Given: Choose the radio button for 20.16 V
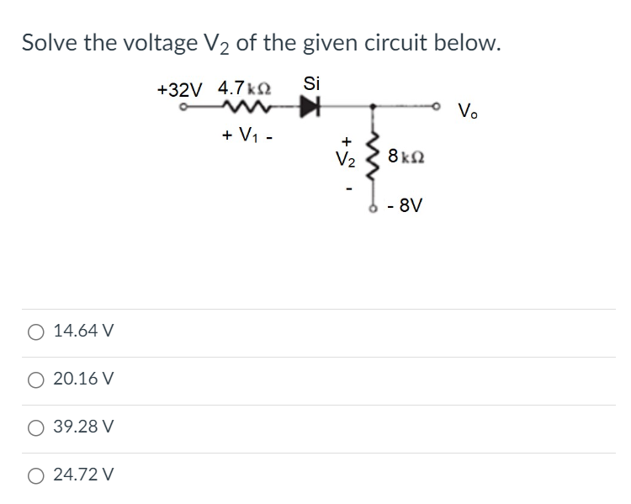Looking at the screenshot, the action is coord(34,379).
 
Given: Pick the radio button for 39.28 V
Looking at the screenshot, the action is coord(34,427).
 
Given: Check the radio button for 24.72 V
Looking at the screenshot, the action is coord(34,475).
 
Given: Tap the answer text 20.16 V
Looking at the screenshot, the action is coord(83,379).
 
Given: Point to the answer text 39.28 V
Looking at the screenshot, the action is coord(83,427).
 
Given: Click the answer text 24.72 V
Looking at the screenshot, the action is coord(83,475).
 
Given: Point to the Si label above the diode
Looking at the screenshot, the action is coord(311,83).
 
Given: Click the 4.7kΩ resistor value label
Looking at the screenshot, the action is coord(243,88).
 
